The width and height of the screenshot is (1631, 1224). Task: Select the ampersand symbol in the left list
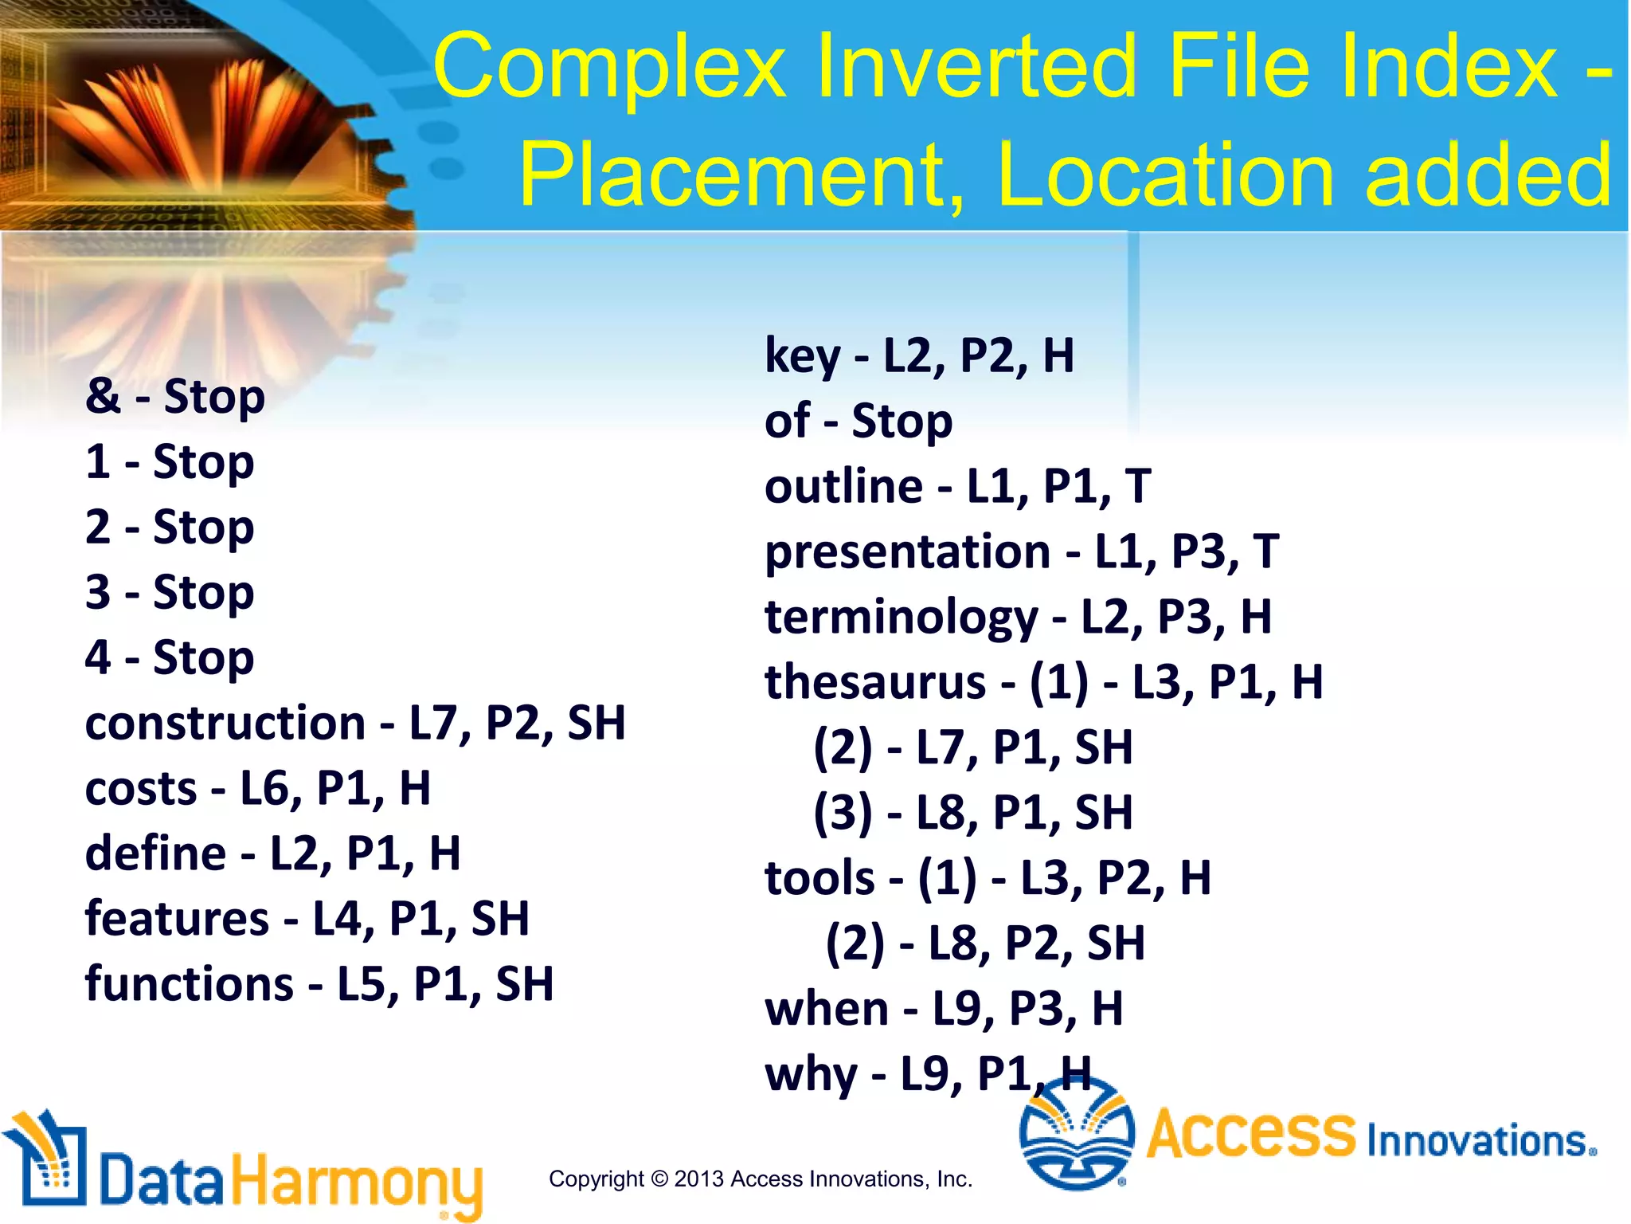[x=103, y=396]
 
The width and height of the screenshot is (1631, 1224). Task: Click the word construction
[x=225, y=724]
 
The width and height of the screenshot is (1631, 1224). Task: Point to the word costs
[x=141, y=789]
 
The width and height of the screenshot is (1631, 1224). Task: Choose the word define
[x=156, y=853]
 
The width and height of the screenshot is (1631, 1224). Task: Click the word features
[x=177, y=919]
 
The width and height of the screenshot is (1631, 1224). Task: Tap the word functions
[x=190, y=985]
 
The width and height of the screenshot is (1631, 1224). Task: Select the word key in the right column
[x=802, y=356]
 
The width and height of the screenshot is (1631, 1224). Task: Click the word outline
[x=843, y=486]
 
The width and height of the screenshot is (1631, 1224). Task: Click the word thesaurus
[x=875, y=682]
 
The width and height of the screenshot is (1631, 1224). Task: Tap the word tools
[x=819, y=878]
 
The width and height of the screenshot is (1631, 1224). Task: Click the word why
[x=811, y=1074]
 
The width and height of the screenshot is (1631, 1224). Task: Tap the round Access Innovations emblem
[x=1077, y=1134]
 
